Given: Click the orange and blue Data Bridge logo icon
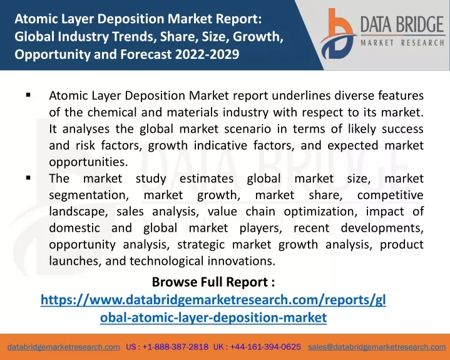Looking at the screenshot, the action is (338, 34).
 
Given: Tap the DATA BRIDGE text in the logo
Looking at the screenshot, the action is (402, 24).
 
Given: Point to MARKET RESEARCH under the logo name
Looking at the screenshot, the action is (402, 43).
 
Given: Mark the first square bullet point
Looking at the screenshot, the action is (28, 95).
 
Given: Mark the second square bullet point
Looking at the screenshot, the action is (28, 178).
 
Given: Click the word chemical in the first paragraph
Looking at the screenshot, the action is (112, 112).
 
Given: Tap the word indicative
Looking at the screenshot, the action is (220, 145).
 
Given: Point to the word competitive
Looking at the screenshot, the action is (391, 195).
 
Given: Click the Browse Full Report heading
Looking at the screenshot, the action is (213, 282).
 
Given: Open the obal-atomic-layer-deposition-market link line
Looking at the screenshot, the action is (213, 317).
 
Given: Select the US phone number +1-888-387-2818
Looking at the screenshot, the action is (175, 347).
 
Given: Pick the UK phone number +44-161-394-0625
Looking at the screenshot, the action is (265, 347).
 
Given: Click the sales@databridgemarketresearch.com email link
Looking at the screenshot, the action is (377, 347).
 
